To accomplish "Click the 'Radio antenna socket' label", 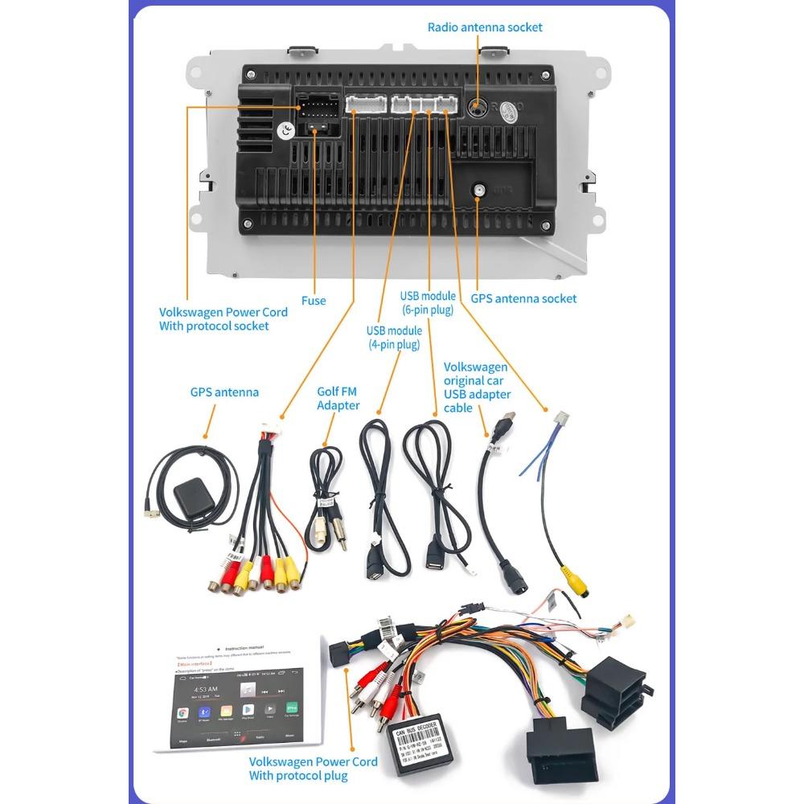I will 485,27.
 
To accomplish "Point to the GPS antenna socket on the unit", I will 478,191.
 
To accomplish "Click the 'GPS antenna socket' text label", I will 523,298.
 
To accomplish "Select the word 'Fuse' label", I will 314,301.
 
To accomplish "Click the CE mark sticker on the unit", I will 284,130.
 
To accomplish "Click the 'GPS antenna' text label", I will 224,392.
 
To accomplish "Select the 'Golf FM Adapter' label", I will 338,398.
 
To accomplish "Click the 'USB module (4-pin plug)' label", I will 394,338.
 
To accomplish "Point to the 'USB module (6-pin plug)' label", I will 428,302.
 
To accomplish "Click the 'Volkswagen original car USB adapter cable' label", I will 477,387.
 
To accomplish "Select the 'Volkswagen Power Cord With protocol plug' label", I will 313,768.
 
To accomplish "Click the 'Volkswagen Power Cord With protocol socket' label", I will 223,318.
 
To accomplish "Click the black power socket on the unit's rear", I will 316,115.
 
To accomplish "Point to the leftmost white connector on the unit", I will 363,104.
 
